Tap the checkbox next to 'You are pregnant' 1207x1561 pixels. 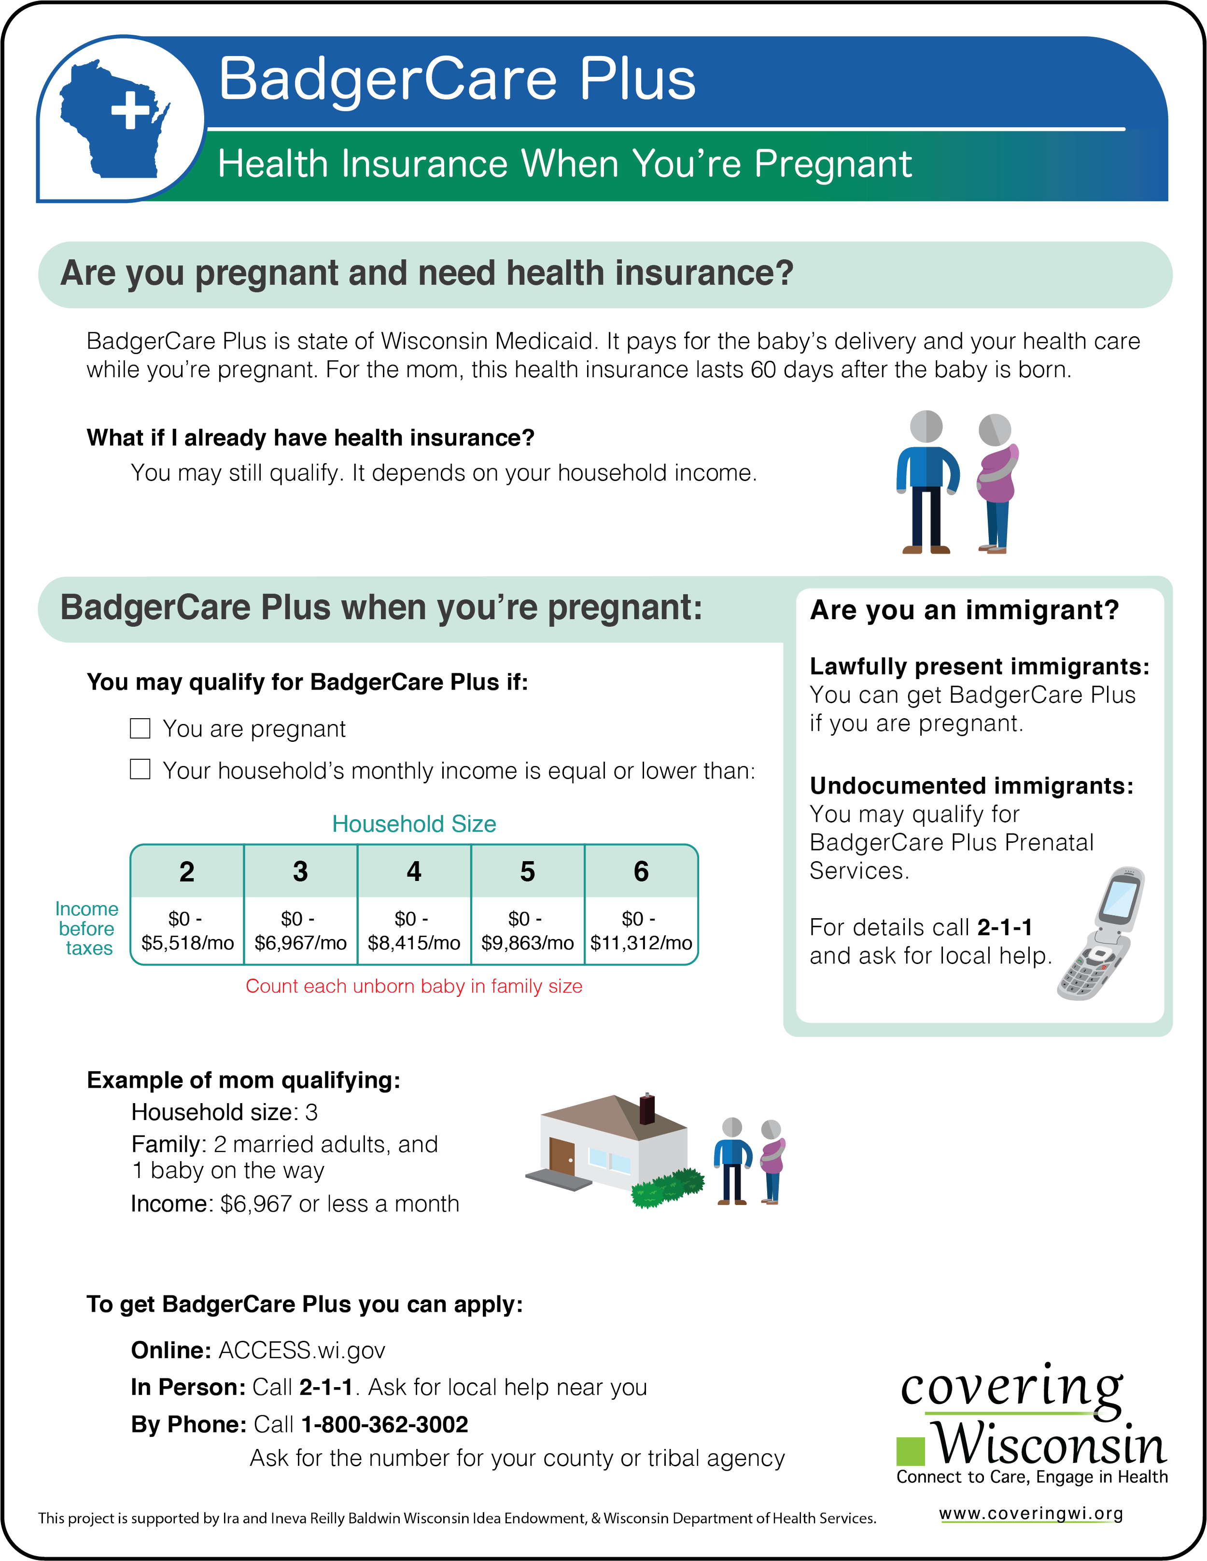140,728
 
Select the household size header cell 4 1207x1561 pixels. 414,871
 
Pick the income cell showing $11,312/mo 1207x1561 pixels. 641,931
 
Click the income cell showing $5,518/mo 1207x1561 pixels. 187,931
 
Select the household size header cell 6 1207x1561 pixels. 641,871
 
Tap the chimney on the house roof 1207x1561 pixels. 647,1108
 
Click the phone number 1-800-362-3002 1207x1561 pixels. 384,1424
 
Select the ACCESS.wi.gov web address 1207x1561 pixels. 302,1350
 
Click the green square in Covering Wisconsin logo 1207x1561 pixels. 911,1450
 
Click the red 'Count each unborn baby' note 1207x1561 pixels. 414,986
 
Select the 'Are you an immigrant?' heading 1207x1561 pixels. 964,610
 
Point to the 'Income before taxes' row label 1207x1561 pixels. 88,928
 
